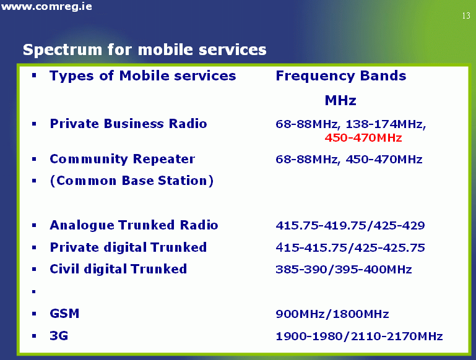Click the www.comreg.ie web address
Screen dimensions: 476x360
[46, 6]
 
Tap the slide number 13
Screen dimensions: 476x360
[466, 15]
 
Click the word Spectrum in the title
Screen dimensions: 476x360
[63, 49]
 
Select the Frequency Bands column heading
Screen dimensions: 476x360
[341, 76]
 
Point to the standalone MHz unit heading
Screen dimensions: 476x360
[340, 100]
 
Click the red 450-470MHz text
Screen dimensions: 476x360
[363, 138]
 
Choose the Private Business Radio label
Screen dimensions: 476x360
[128, 124]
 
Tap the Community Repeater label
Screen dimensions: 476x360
[123, 159]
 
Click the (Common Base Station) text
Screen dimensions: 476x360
[132, 181]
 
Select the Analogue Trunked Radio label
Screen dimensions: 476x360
[134, 225]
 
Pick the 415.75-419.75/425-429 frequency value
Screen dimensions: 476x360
[350, 225]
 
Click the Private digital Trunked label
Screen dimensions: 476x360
[128, 247]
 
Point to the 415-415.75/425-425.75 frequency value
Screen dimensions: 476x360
[350, 248]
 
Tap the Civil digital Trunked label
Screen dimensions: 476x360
[118, 269]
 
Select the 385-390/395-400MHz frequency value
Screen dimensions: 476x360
[344, 270]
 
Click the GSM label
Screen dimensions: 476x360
[64, 314]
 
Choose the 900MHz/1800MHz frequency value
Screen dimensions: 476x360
[332, 314]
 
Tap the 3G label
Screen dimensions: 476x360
[59, 336]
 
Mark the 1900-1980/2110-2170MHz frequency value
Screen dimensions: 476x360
[359, 336]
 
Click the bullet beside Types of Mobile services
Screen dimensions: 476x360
[34, 75]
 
